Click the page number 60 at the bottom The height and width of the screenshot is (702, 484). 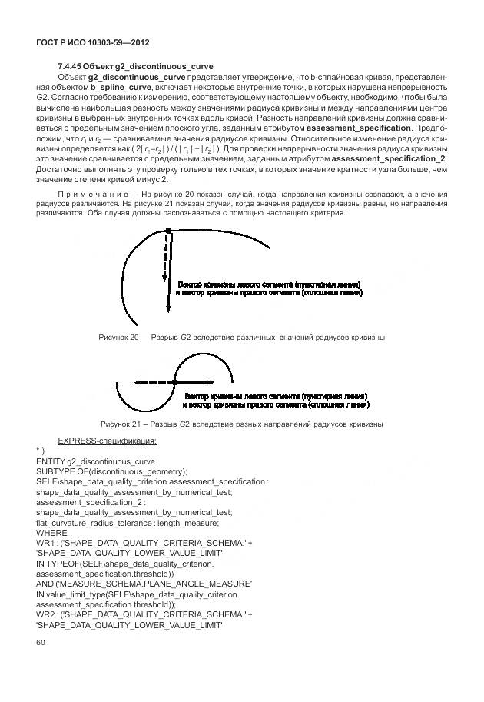40,644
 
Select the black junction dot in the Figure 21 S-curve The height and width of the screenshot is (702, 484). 174,381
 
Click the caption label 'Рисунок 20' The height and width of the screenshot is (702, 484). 119,338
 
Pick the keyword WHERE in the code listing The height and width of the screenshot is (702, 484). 51,532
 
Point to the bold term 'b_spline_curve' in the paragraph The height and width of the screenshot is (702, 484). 121,88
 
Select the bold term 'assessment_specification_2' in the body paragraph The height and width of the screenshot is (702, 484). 393,158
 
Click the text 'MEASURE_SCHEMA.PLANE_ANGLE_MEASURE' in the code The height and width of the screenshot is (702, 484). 153,583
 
